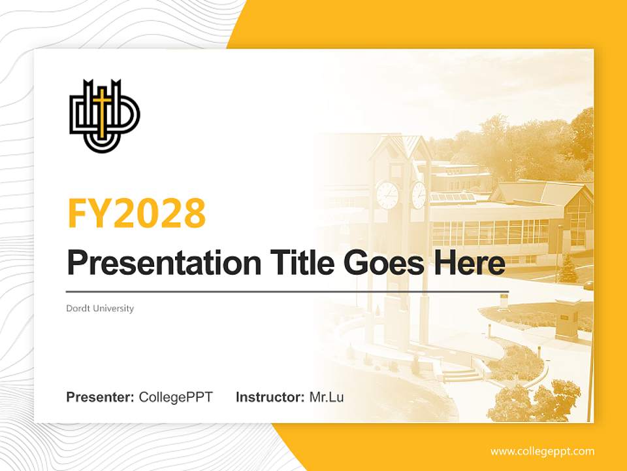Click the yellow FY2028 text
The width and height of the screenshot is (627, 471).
[x=137, y=213]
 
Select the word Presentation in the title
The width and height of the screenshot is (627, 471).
[x=154, y=264]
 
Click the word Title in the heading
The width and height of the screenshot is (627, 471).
[x=290, y=264]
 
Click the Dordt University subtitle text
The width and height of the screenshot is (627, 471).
[x=100, y=308]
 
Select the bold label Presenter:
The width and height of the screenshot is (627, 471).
[x=101, y=397]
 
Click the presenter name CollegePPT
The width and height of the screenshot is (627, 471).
[x=176, y=397]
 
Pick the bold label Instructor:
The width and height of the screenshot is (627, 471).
[x=270, y=397]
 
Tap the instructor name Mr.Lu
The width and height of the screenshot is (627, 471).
[x=327, y=397]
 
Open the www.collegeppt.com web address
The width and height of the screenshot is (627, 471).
[x=542, y=451]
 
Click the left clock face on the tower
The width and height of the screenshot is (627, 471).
[x=387, y=195]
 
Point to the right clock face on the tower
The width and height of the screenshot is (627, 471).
[x=419, y=195]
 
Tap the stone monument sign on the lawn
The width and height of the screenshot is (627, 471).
[x=567, y=320]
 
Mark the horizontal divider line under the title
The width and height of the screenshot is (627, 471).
[x=287, y=291]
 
